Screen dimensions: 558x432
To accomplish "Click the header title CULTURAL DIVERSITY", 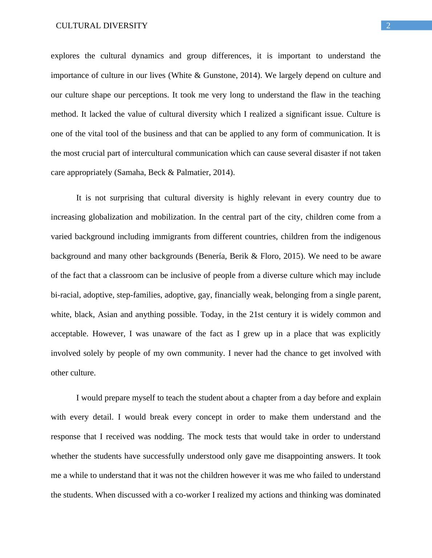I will click(102, 26).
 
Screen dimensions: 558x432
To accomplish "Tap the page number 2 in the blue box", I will click(388, 26).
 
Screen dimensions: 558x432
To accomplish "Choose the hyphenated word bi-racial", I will click(65, 295).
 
